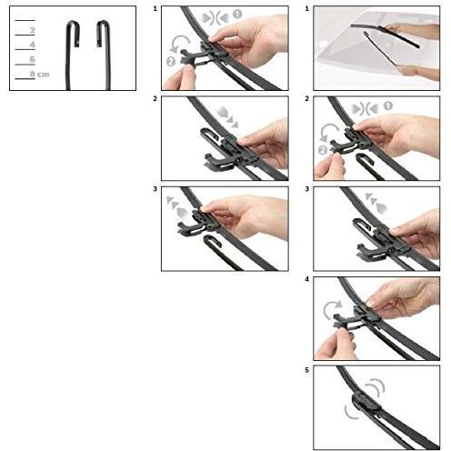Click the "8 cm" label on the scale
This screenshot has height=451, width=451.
pyautogui.click(x=39, y=74)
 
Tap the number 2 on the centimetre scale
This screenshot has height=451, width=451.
pyautogui.click(x=32, y=30)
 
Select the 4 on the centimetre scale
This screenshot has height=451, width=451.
pyautogui.click(x=32, y=45)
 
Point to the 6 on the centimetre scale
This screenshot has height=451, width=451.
pyautogui.click(x=32, y=59)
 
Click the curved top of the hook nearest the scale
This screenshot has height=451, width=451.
pyautogui.click(x=73, y=23)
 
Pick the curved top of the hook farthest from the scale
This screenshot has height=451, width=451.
pyautogui.click(x=103, y=23)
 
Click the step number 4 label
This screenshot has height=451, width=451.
pyautogui.click(x=307, y=279)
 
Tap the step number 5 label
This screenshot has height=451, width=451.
pyautogui.click(x=307, y=370)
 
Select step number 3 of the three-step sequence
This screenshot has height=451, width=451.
pyautogui.click(x=155, y=189)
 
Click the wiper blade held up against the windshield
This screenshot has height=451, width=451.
pyautogui.click(x=385, y=35)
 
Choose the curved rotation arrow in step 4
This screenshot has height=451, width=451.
pyautogui.click(x=331, y=310)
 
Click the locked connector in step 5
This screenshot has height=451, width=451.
pyautogui.click(x=366, y=401)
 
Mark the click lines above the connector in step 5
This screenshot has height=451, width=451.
pyautogui.click(x=376, y=387)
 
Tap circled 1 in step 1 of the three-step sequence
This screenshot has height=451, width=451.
pyautogui.click(x=237, y=15)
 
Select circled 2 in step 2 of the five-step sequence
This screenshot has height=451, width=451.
pyautogui.click(x=323, y=150)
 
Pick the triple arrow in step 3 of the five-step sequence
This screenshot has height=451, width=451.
pyautogui.click(x=376, y=202)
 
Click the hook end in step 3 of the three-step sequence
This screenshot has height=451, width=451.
pyautogui.click(x=213, y=240)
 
